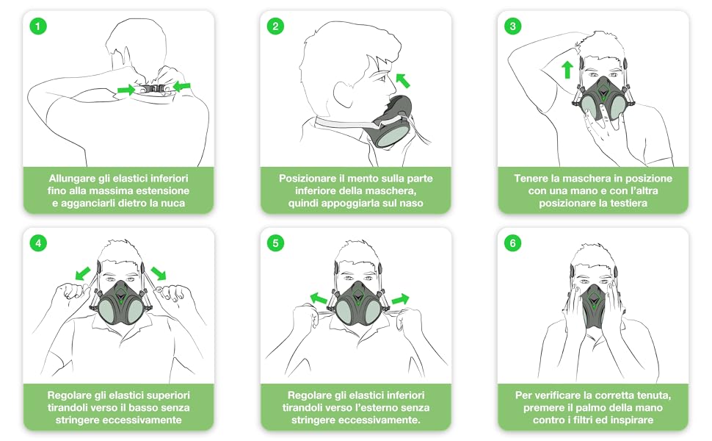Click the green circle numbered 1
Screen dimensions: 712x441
(38, 26)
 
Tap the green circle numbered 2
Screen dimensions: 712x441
(276, 26)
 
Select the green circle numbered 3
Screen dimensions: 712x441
(513, 26)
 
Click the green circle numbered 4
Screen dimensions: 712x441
(38, 243)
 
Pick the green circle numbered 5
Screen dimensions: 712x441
(276, 243)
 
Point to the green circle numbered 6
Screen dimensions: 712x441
(513, 243)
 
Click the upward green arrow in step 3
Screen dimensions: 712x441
(567, 70)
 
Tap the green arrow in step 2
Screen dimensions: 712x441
(403, 80)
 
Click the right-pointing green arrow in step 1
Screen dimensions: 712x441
(126, 90)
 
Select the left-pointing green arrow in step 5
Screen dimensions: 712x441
(319, 298)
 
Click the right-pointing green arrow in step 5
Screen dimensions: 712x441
(400, 299)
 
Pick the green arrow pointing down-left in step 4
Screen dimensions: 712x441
(83, 273)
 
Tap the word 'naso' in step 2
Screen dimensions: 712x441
(410, 203)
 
